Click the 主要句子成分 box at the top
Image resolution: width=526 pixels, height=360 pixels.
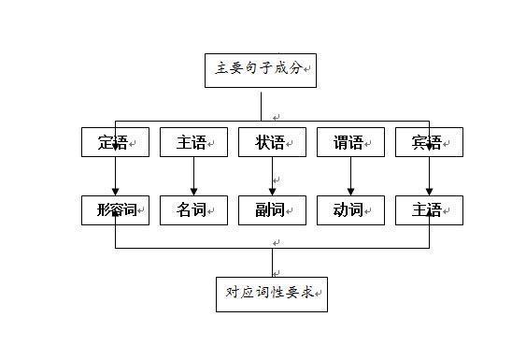[261, 68]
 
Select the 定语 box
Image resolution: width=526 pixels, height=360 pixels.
[116, 142]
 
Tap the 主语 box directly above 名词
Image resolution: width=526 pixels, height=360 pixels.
[193, 142]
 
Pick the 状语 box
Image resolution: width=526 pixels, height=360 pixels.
[273, 142]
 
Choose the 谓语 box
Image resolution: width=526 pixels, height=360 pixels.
[350, 142]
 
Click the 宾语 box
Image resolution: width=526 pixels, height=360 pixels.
[429, 142]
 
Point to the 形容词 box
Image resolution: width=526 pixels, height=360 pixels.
[116, 209]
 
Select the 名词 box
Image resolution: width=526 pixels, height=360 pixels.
[193, 209]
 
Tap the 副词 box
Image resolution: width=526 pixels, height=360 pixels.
[273, 209]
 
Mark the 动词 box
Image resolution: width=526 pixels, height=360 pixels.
[350, 209]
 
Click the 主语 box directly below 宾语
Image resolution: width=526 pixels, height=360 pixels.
[429, 209]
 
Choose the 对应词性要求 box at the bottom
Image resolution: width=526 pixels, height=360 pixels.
[272, 294]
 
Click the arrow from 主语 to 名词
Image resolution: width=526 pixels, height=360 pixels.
[193, 176]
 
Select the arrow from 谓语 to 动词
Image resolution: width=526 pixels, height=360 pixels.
[350, 176]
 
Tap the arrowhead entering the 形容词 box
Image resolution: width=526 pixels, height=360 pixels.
[116, 191]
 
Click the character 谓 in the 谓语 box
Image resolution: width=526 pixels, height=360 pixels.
[342, 142]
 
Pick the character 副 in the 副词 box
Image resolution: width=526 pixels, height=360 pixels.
[263, 209]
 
